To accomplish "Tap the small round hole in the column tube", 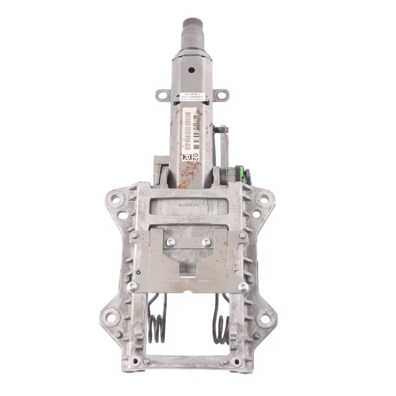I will (191, 69).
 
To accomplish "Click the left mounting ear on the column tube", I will (162, 95).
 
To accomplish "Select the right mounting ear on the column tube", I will (221, 95).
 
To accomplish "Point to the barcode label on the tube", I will (192, 126).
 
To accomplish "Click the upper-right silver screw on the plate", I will (206, 242).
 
